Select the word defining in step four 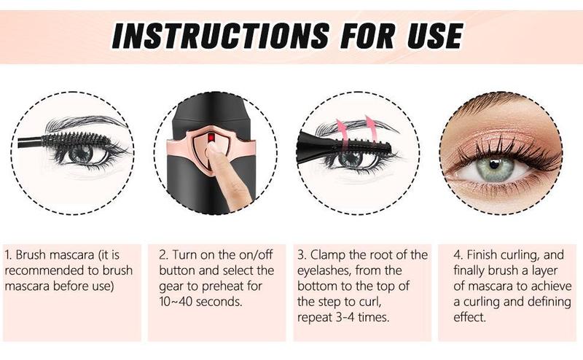[531, 301]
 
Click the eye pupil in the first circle [82, 154]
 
